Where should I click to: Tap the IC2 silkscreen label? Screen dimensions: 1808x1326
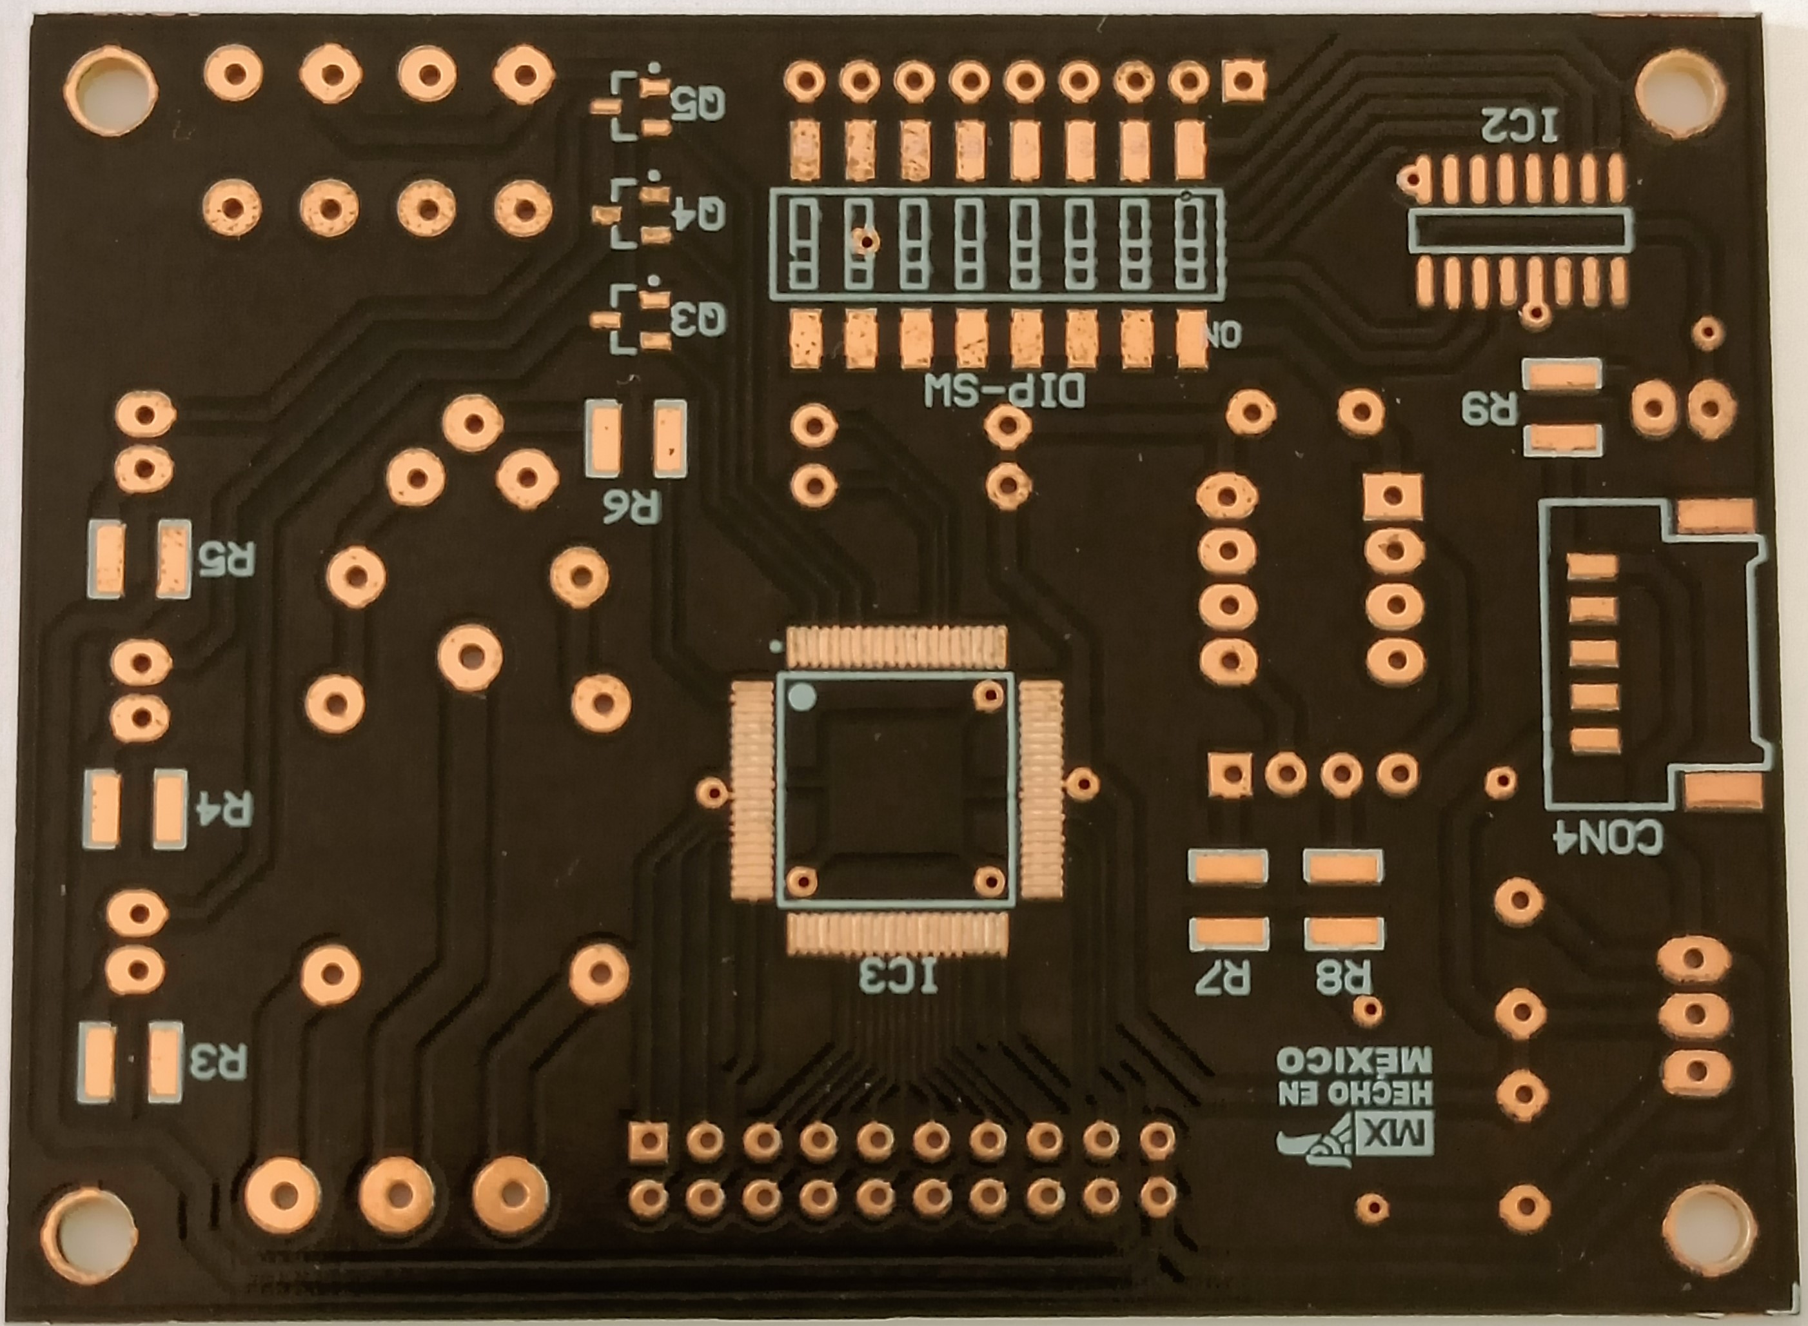click(x=1519, y=125)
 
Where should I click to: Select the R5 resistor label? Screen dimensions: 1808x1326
click(x=227, y=558)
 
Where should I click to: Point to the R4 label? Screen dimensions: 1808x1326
click(x=224, y=808)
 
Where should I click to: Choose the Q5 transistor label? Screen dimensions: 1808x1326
click(x=698, y=104)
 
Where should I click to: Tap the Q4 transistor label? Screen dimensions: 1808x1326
click(x=698, y=213)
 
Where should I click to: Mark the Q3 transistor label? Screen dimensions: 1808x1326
click(x=698, y=319)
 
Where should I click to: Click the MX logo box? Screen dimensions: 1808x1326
click(x=1393, y=1135)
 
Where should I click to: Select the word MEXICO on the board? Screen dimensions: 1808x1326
click(x=1355, y=1060)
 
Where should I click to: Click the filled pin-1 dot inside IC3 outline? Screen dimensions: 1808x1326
click(x=801, y=697)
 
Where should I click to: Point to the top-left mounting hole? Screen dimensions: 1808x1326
click(x=110, y=90)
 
